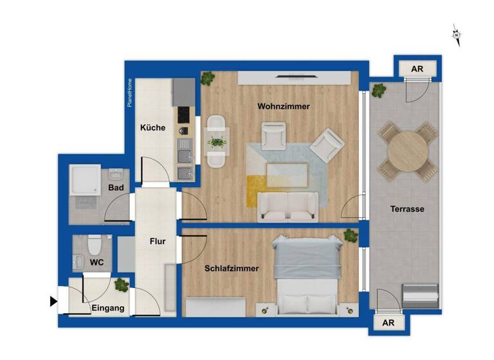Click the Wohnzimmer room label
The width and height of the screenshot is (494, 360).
pyautogui.click(x=284, y=106)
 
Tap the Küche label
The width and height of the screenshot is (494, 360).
pyautogui.click(x=153, y=128)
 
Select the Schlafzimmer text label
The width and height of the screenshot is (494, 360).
pyautogui.click(x=232, y=269)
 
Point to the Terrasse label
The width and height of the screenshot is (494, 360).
pyautogui.click(x=407, y=209)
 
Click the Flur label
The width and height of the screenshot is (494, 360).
pyautogui.click(x=158, y=242)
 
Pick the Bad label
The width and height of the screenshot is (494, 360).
pyautogui.click(x=116, y=188)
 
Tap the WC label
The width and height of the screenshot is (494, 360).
pyautogui.click(x=97, y=263)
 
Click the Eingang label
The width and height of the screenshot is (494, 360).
pyautogui.click(x=108, y=309)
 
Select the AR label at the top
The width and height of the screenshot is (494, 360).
pyautogui.click(x=417, y=68)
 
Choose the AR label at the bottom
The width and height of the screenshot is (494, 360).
pyautogui.click(x=389, y=323)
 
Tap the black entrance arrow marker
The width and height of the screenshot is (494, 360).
pyautogui.click(x=53, y=301)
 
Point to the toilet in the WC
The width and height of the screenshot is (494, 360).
pyautogui.click(x=95, y=245)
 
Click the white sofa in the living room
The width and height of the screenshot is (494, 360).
pyautogui.click(x=288, y=206)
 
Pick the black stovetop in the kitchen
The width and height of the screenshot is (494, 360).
pyautogui.click(x=185, y=114)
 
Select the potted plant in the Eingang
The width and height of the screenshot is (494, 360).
pyautogui.click(x=122, y=285)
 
